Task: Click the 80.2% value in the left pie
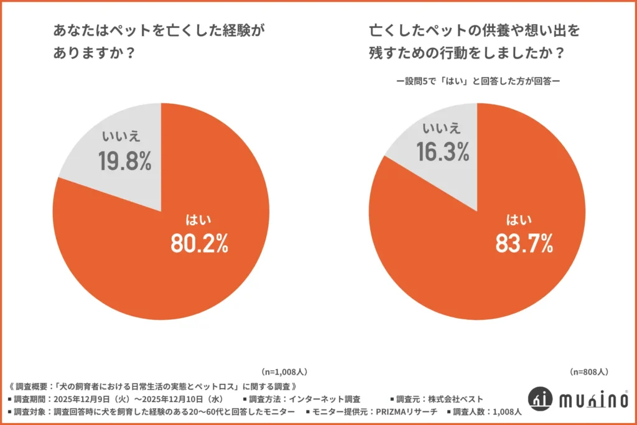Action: click(199, 244)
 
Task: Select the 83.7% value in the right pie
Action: click(524, 243)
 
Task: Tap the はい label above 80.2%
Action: click(199, 219)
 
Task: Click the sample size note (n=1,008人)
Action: click(284, 371)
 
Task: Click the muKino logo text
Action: click(592, 399)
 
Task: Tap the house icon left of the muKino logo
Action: click(540, 399)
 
